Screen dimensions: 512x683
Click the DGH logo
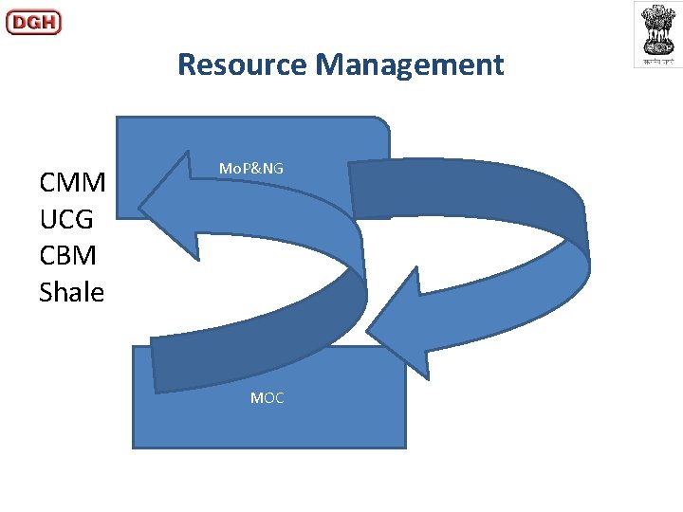click(x=33, y=22)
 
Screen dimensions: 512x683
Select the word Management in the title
click(x=410, y=64)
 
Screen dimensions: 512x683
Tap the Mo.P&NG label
click(x=250, y=168)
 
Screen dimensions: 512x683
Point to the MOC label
click(x=267, y=398)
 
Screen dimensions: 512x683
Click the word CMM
click(x=72, y=182)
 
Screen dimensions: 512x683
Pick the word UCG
click(x=66, y=219)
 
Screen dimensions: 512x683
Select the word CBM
click(x=68, y=256)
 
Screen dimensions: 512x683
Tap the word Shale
click(x=72, y=293)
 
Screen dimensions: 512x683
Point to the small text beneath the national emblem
click(x=657, y=60)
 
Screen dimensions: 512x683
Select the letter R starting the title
click(x=187, y=64)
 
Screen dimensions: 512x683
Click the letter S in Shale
click(x=47, y=293)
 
